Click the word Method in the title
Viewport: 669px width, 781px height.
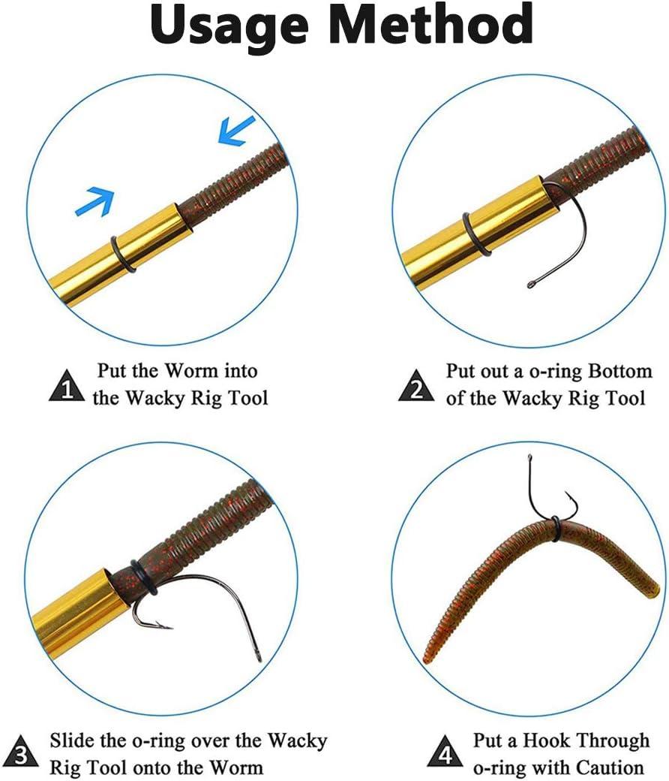click(430, 23)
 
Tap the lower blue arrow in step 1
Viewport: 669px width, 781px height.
click(95, 202)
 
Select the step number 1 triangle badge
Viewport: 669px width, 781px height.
click(67, 385)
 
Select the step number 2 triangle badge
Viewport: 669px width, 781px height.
click(416, 385)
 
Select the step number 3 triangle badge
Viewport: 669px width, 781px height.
click(20, 752)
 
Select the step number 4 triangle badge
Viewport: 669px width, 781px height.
click(445, 752)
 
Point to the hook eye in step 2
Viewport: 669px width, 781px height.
click(531, 285)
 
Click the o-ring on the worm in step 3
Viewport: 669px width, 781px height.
click(144, 577)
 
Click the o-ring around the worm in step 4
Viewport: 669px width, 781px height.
click(555, 528)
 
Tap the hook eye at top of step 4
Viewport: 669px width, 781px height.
click(529, 457)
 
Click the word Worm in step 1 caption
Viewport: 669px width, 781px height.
click(191, 370)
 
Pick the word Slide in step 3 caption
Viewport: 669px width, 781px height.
click(72, 740)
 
